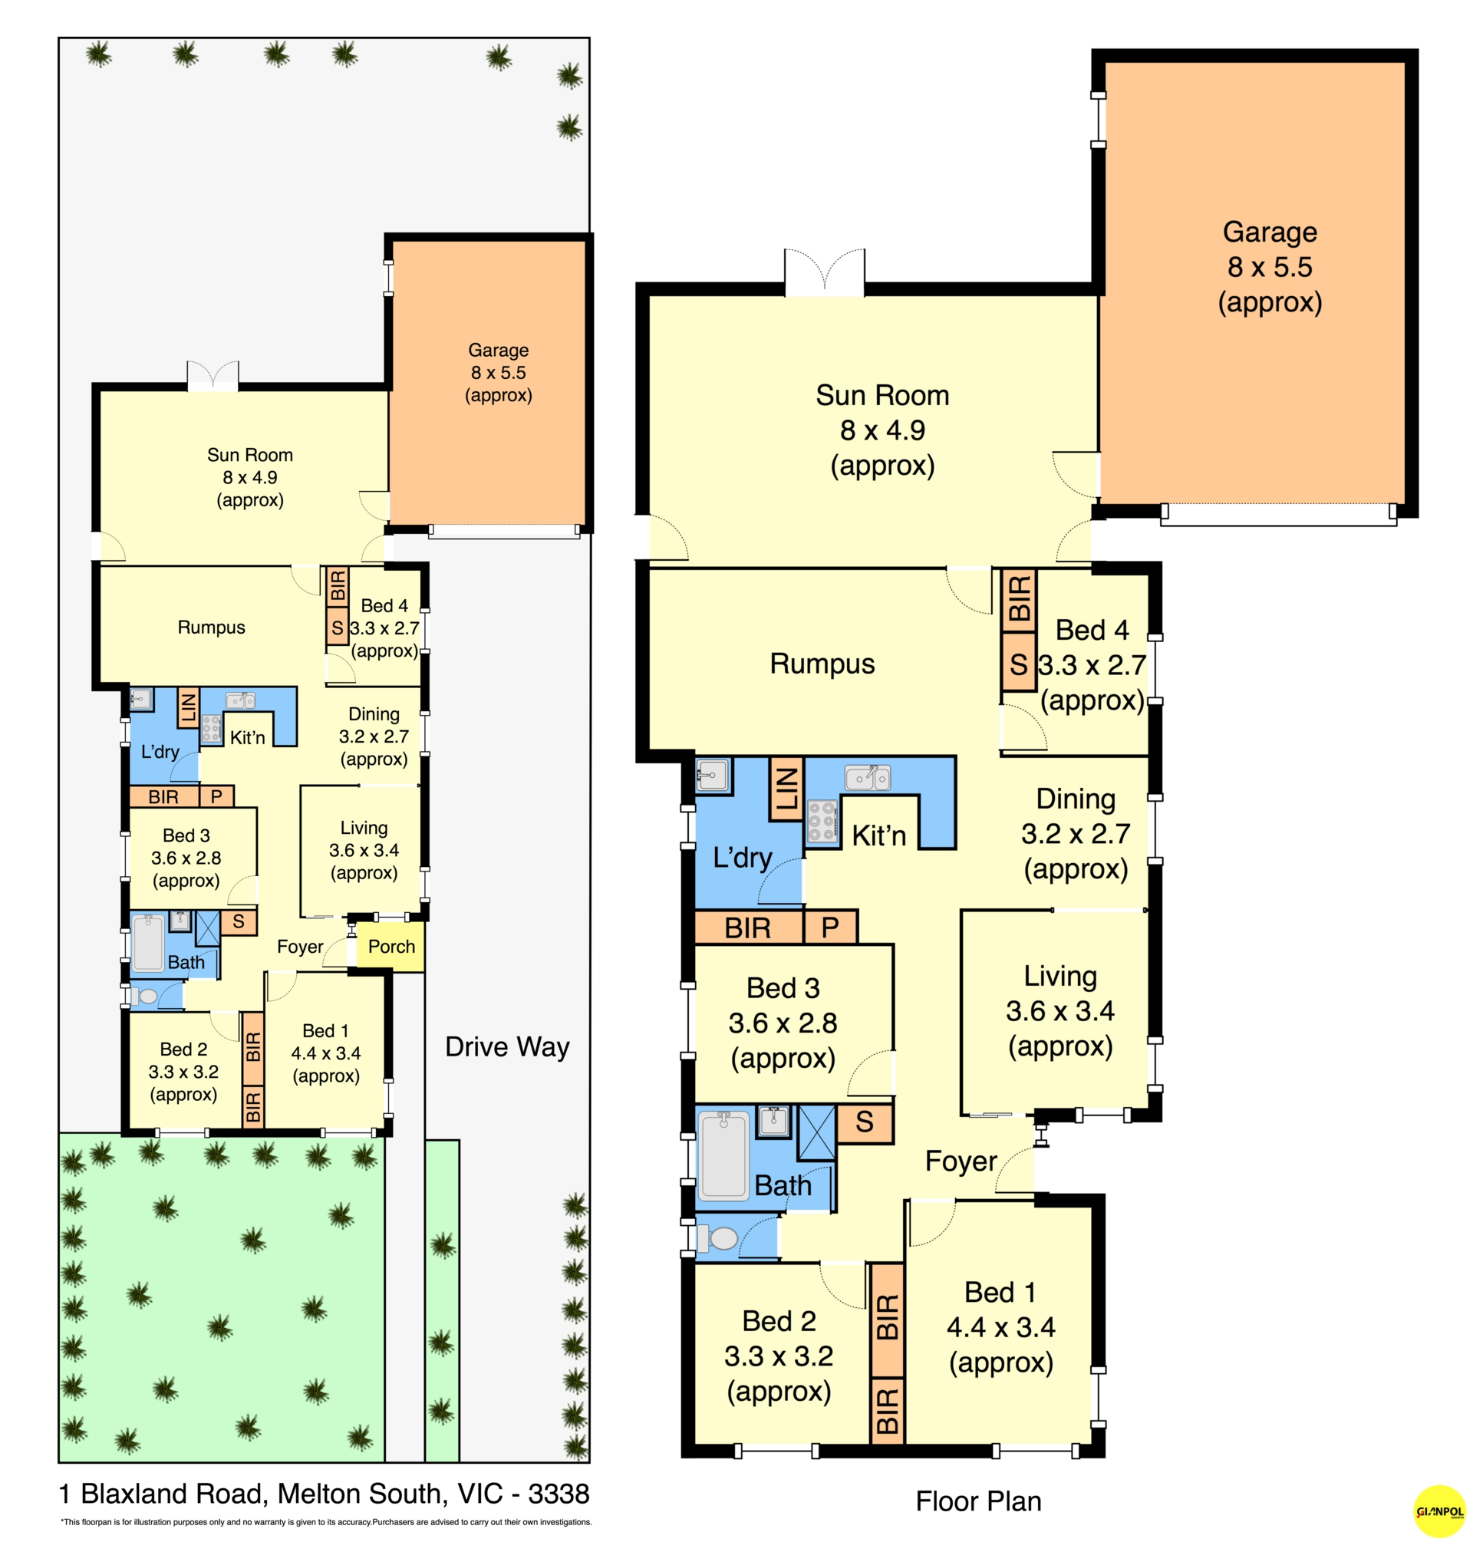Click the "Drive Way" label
(x=507, y=1046)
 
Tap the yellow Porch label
(x=391, y=946)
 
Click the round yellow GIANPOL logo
(x=1439, y=1511)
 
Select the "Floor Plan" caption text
(x=978, y=1501)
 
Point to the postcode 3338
(x=559, y=1494)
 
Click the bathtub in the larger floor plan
(x=723, y=1155)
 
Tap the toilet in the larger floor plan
(x=717, y=1238)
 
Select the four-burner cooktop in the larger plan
(x=822, y=821)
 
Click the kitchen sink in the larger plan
(x=868, y=777)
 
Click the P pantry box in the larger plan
(x=830, y=928)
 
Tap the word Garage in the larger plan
(x=1270, y=232)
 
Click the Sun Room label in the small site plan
(x=249, y=455)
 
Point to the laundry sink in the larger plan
(x=713, y=776)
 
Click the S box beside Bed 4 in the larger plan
(x=1018, y=665)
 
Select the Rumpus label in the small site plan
(x=211, y=628)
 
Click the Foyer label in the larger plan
(x=961, y=1161)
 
